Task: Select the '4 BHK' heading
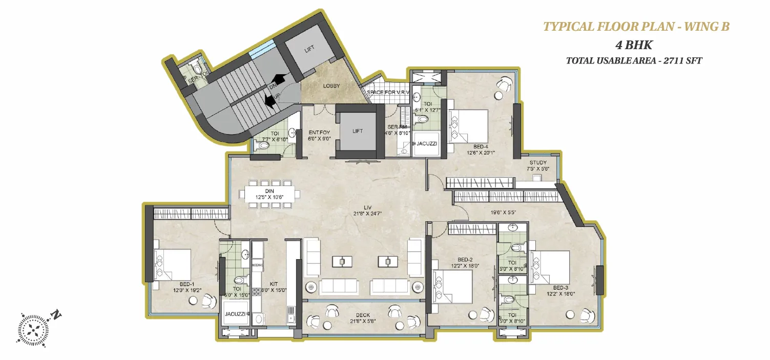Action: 634,45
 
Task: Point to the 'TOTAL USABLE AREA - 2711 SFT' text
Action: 634,60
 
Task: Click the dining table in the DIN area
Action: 270,194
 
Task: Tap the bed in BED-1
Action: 173,264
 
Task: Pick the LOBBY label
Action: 332,86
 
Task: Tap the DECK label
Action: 363,315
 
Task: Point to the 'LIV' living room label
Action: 367,207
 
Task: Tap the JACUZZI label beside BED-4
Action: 426,143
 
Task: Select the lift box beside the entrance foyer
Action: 357,131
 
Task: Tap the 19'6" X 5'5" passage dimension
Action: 504,211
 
